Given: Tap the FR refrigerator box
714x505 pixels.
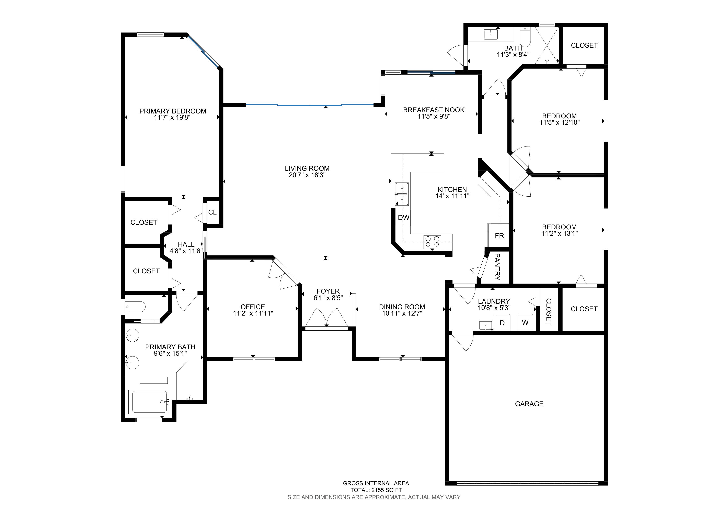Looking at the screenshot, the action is pos(499,235).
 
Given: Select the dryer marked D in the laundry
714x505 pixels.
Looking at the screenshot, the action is pos(502,323).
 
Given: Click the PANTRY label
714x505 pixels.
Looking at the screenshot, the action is pos(497,267).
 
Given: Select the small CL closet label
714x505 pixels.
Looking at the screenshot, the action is pos(212,212).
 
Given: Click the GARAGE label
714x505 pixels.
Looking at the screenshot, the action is pos(529,404).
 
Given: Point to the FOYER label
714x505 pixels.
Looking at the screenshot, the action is pos(328,291).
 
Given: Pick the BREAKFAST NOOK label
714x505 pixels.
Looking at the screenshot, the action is pos(434,110).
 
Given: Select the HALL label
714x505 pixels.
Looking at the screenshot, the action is pos(186,244).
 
